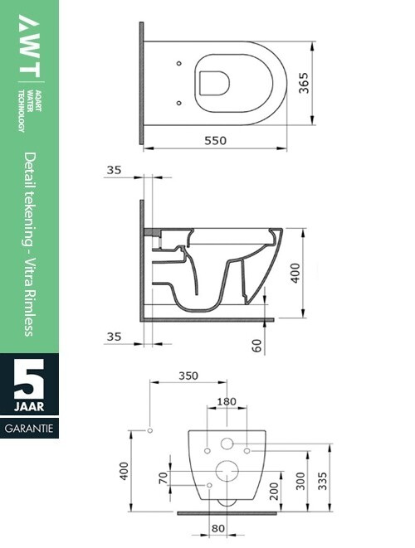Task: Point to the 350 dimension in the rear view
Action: pyautogui.click(x=188, y=376)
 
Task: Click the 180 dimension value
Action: pyautogui.click(x=227, y=402)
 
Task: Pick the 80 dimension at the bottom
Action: pyautogui.click(x=219, y=527)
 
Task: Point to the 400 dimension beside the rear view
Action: pyautogui.click(x=124, y=473)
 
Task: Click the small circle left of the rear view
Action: pyautogui.click(x=149, y=431)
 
